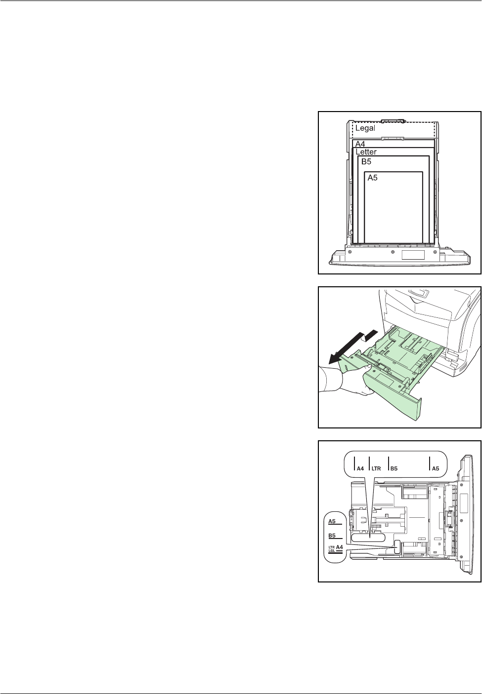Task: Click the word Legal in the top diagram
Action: tap(365, 128)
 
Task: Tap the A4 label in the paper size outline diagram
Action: tap(360, 144)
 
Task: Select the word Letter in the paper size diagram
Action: tap(366, 152)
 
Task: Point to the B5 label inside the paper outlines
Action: tap(366, 161)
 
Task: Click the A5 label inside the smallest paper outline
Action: tap(372, 178)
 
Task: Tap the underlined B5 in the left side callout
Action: tap(332, 535)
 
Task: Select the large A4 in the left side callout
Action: tap(339, 547)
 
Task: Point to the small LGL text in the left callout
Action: tap(332, 551)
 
